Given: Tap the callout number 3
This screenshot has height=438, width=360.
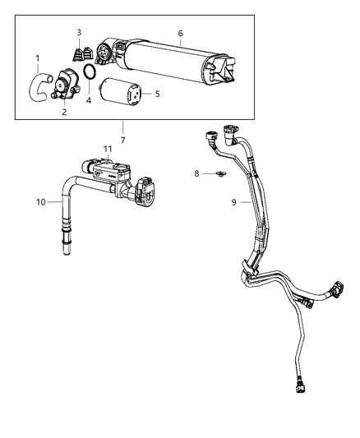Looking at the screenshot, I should click(x=79, y=32).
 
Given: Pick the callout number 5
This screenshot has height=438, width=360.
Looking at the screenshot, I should click(x=157, y=94).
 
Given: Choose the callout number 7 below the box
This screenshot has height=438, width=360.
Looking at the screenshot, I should click(x=122, y=141).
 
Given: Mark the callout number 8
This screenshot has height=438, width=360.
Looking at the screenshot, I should click(x=197, y=173).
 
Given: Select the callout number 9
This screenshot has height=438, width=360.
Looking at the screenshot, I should click(x=235, y=201).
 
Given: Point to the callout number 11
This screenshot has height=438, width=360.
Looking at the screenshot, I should click(x=107, y=149).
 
